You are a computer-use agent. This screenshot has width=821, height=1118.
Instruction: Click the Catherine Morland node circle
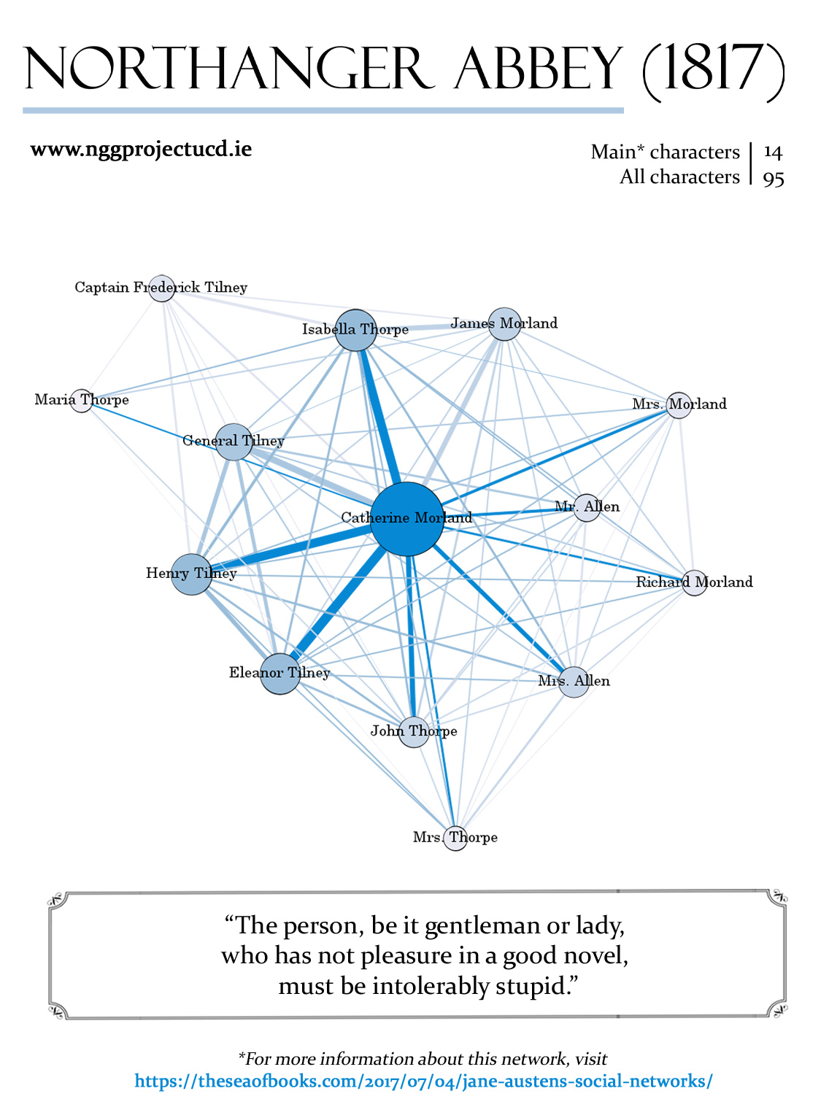click(406, 518)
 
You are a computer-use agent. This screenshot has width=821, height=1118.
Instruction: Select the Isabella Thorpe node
click(355, 330)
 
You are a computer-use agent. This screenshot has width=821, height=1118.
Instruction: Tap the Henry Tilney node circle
click(192, 574)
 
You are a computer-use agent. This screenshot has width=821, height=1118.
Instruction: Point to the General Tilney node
click(234, 442)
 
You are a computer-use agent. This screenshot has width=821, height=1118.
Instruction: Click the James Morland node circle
click(504, 324)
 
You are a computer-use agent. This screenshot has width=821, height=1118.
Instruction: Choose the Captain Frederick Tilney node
click(161, 288)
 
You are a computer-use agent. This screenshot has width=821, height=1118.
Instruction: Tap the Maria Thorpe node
click(82, 400)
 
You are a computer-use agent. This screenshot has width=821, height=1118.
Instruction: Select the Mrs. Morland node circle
click(679, 405)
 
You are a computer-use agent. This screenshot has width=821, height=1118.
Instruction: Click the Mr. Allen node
click(587, 507)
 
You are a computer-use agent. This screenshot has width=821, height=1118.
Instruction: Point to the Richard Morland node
click(694, 582)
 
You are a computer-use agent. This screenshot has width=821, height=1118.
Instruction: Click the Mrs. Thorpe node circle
click(456, 838)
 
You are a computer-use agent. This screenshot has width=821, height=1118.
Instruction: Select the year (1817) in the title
click(713, 71)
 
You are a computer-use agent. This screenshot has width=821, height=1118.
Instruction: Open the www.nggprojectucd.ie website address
click(141, 150)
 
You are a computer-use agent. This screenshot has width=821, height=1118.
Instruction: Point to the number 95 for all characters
click(774, 178)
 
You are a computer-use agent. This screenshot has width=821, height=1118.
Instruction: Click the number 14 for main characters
click(773, 153)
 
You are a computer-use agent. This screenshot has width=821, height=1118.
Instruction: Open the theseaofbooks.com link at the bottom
click(423, 1081)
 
